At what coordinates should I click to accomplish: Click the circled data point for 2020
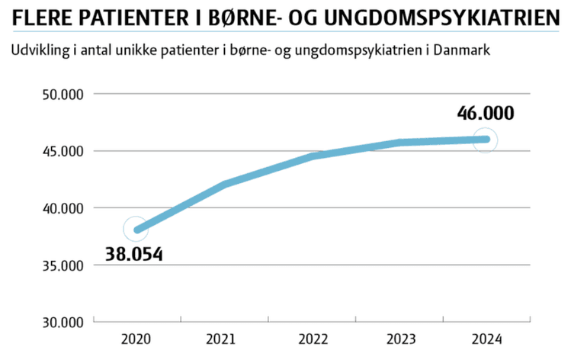[x=137, y=229]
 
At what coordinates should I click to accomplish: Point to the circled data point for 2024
[x=484, y=140]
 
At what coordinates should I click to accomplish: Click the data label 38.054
[x=134, y=254]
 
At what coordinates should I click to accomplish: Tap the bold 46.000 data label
[x=486, y=114]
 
